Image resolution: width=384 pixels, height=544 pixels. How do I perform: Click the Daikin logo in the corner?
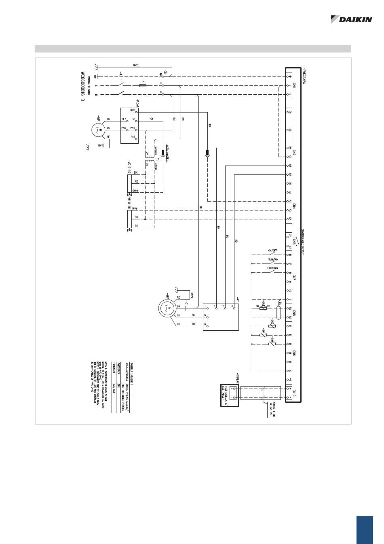(351, 19)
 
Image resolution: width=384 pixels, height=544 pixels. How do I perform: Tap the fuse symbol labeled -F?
(142, 86)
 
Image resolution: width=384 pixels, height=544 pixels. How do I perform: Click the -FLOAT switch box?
(129, 125)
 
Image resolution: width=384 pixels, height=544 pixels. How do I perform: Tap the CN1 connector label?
(294, 85)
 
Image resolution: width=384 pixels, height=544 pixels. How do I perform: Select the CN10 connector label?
(294, 393)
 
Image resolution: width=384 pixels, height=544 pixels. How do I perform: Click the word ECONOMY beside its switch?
(273, 268)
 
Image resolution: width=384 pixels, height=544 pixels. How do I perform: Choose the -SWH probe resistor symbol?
(272, 344)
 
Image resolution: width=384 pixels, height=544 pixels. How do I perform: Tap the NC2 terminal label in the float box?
(132, 110)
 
